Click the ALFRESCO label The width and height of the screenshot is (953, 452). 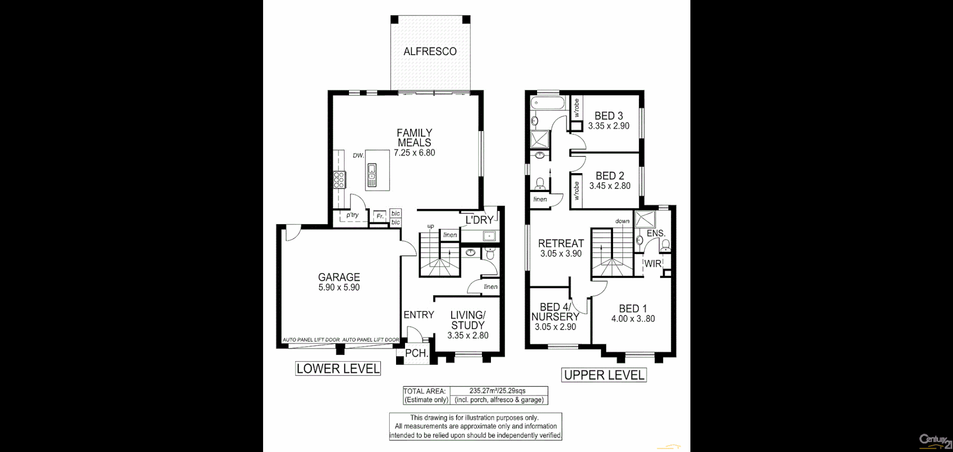430,52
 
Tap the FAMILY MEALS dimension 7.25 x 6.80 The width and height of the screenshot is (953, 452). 414,153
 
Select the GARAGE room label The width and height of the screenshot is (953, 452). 339,277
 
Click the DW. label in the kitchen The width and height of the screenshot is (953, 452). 358,155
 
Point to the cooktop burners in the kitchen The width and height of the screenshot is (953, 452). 339,180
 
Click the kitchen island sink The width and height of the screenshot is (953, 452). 372,175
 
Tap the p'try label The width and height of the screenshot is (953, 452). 352,215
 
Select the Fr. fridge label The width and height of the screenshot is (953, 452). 380,216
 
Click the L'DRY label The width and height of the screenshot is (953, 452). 479,220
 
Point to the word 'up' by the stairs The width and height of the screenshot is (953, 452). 430,226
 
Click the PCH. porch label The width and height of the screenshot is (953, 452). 416,353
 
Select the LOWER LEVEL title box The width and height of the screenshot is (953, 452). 338,369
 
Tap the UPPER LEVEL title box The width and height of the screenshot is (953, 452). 604,375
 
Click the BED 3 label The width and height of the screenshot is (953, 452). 609,116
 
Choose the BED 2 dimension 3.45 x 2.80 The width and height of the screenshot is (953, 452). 610,186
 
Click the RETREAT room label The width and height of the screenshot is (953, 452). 561,243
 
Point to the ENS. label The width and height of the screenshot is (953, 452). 656,233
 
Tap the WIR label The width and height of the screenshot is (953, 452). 653,264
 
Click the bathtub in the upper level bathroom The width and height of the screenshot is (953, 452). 548,103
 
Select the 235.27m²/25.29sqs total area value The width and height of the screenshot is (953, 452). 497,391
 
